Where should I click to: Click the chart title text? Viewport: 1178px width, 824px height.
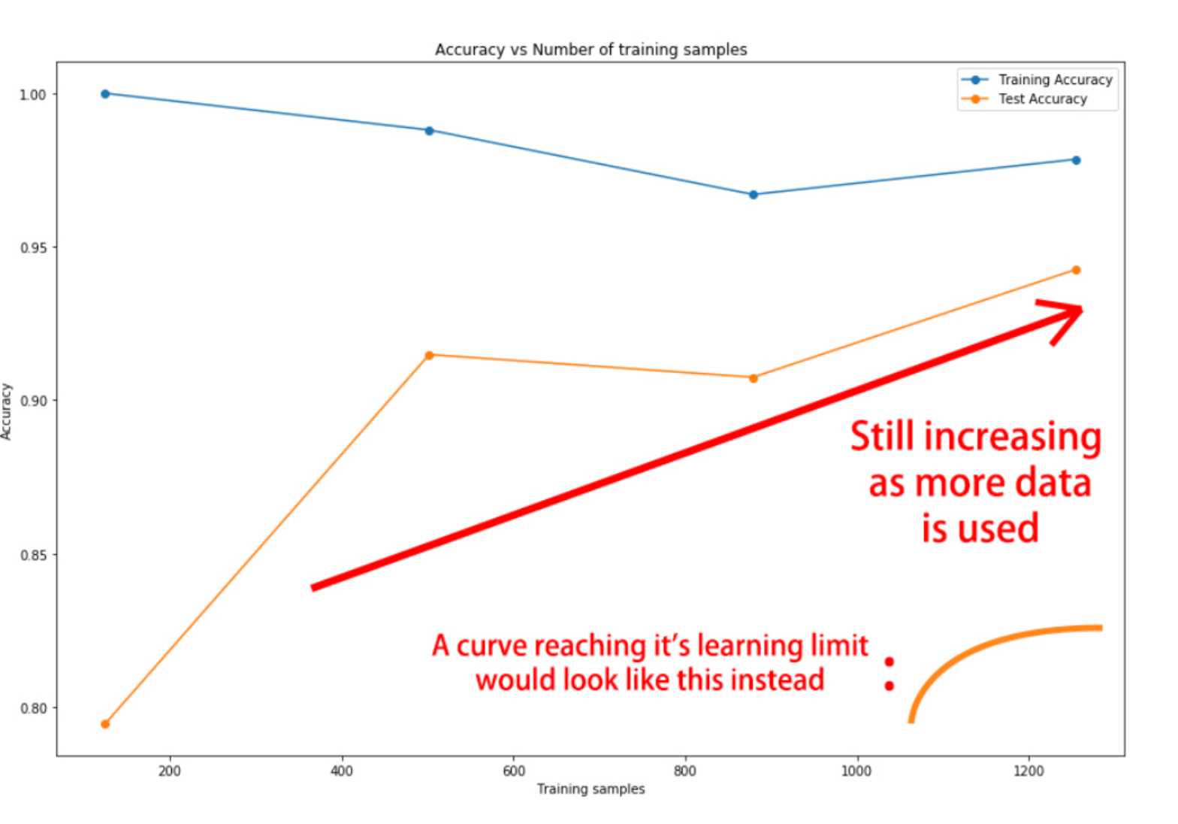pos(591,50)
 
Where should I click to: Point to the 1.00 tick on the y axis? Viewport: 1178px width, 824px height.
pos(33,95)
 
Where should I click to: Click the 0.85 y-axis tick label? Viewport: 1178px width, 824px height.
pos(33,556)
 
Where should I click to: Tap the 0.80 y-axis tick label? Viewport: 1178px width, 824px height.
pos(33,708)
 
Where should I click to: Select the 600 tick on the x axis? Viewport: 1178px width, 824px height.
pos(514,771)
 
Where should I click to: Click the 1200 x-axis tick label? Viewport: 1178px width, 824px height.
pos(1028,771)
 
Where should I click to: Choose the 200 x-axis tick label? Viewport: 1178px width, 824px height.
pos(170,771)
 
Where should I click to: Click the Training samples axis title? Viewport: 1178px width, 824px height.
pos(591,789)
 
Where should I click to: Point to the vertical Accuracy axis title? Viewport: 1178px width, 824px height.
pos(7,411)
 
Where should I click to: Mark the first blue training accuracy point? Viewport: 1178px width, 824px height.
pos(105,94)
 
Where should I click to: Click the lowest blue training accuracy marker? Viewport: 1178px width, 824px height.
pos(754,195)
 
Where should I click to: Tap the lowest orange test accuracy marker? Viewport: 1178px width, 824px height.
pos(105,724)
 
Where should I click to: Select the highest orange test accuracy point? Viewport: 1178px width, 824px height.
pos(1076,270)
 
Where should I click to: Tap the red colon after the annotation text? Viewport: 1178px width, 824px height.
pos(890,674)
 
